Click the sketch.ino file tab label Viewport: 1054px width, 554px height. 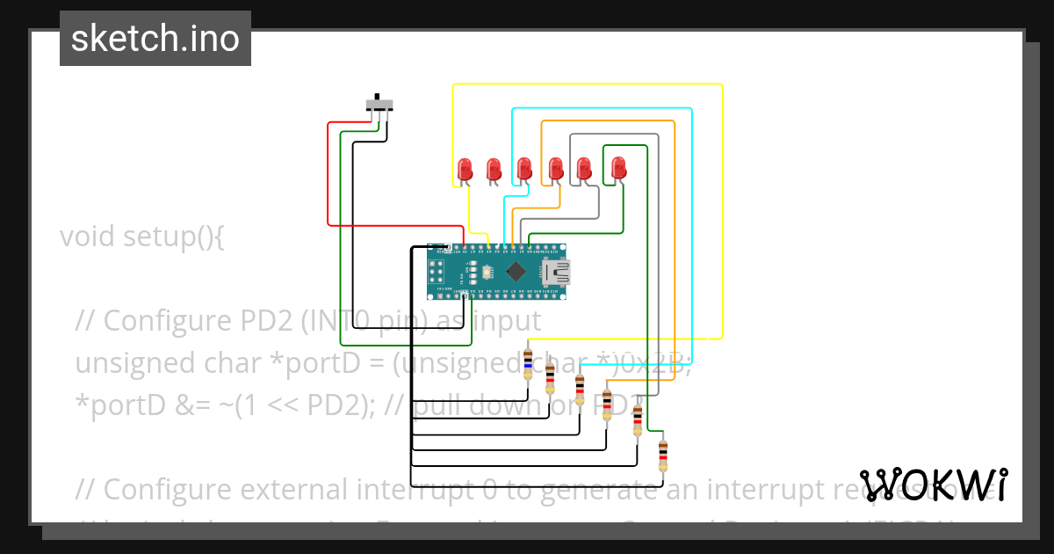coord(155,39)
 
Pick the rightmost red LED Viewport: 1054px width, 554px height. coord(619,166)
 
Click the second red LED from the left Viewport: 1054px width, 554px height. coord(494,167)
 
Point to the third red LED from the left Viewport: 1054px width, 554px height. coord(524,167)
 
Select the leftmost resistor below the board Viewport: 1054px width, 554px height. coord(527,362)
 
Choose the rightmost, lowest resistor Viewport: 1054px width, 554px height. coord(663,455)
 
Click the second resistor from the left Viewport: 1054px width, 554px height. coord(550,378)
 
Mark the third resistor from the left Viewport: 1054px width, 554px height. coord(580,388)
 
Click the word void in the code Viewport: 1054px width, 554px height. coord(88,237)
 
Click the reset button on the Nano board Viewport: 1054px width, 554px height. coord(474,271)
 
